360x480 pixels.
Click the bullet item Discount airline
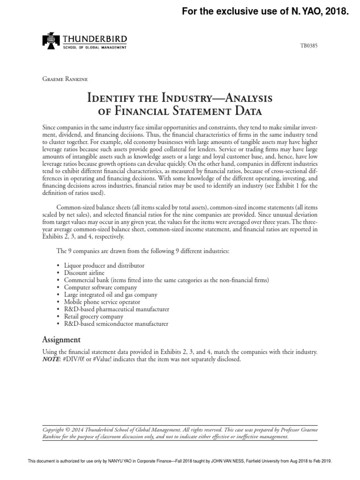click(84, 273)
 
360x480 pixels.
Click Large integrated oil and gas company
click(111, 295)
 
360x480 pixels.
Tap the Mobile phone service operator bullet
click(103, 302)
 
